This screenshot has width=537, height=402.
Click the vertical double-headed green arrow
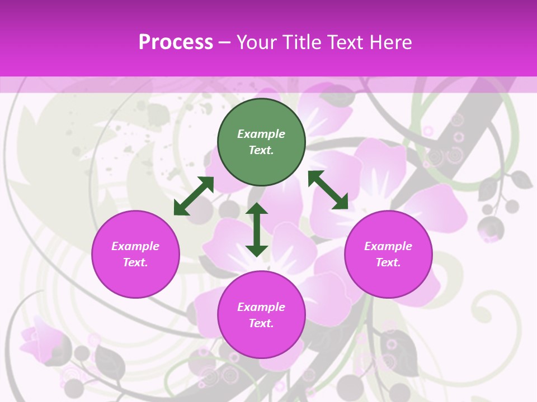click(257, 229)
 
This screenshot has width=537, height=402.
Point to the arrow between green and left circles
click(194, 196)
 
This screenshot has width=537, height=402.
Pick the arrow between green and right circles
click(328, 190)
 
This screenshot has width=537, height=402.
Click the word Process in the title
click(176, 42)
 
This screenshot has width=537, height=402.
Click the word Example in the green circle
click(261, 134)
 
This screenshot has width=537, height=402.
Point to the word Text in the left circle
click(135, 262)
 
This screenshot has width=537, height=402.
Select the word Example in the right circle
click(388, 246)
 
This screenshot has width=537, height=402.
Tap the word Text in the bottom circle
click(261, 323)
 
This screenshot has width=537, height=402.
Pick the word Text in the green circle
click(261, 150)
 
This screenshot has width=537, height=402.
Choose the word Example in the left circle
click(135, 246)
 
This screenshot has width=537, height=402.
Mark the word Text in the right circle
click(388, 262)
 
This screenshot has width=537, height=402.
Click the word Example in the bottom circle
click(261, 307)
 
